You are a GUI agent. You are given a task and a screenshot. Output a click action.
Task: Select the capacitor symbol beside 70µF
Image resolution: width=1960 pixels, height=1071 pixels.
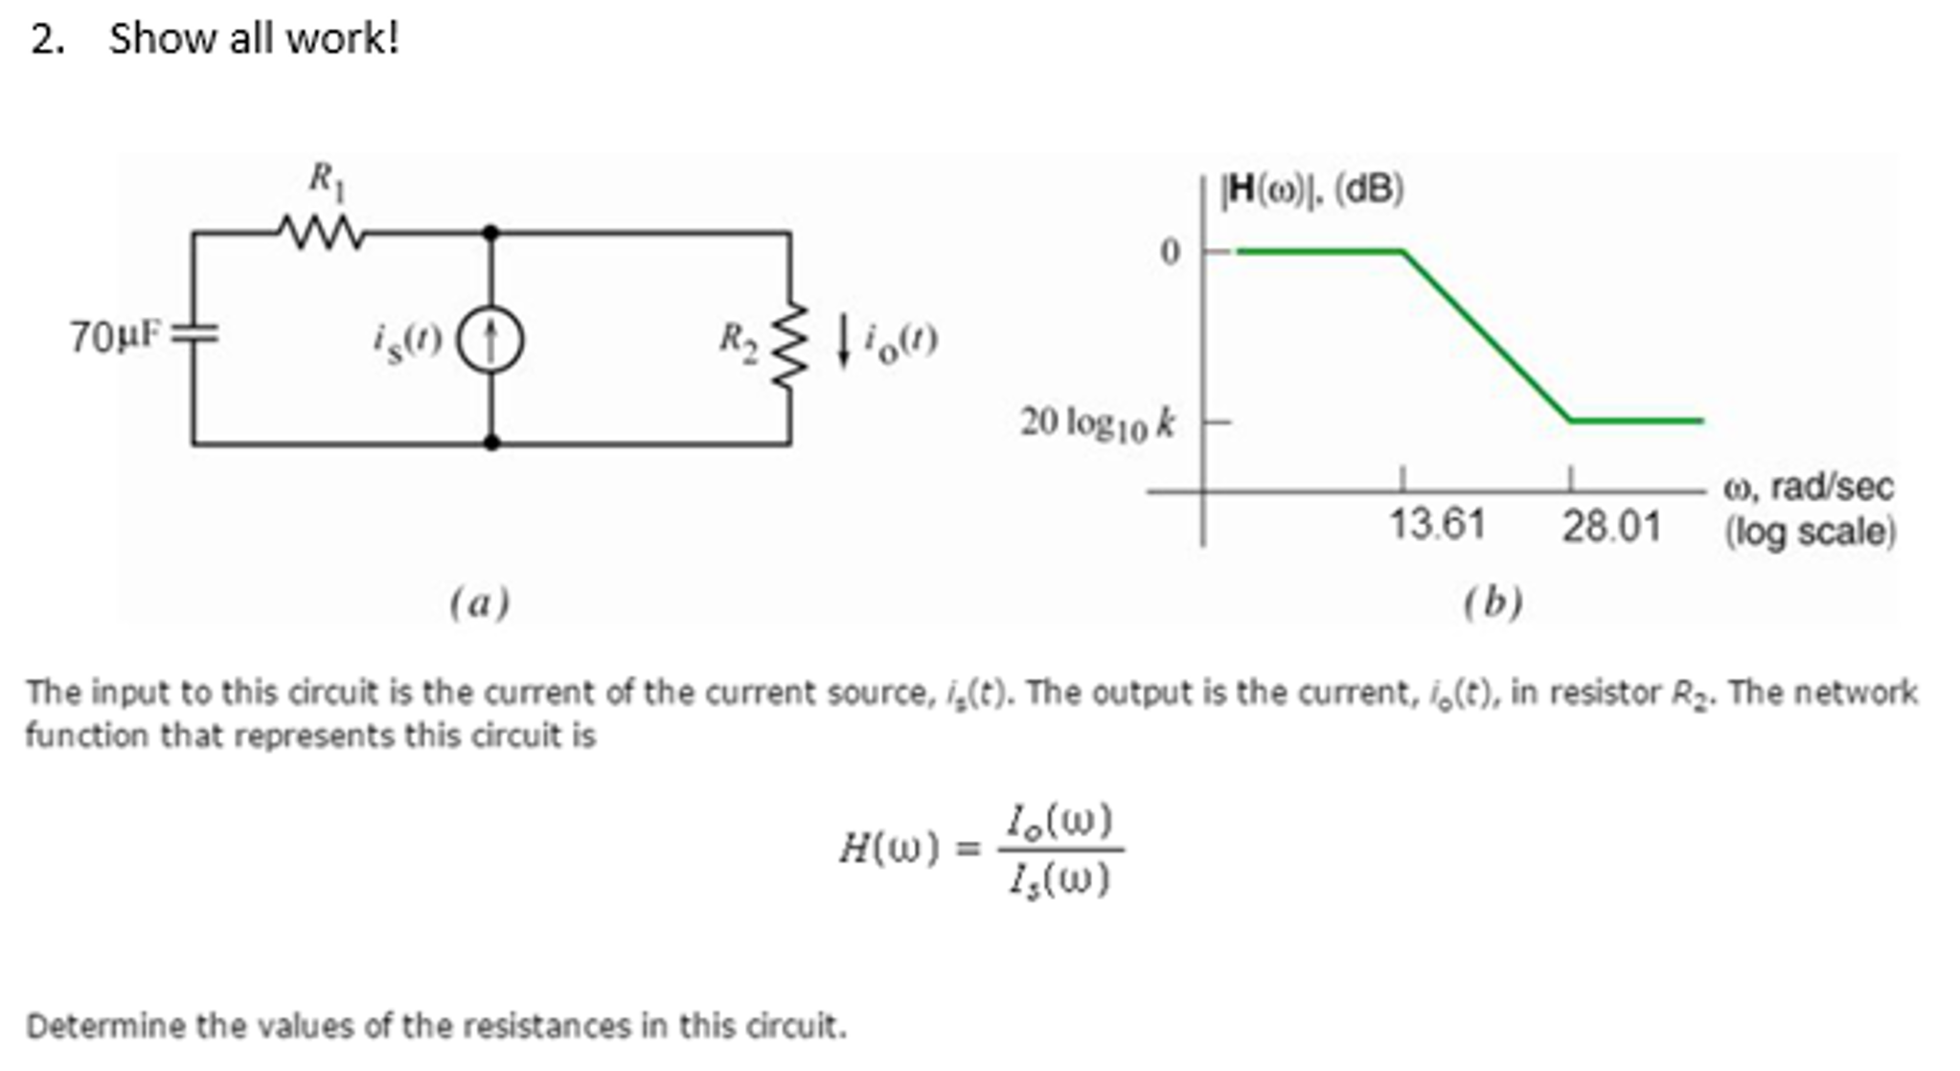194,334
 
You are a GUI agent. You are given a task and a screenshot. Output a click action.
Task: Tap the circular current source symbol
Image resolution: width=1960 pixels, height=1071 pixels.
490,342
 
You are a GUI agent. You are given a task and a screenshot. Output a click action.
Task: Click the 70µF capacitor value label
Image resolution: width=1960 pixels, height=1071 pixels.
113,337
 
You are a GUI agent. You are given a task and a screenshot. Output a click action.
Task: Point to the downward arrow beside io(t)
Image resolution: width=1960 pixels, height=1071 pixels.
844,341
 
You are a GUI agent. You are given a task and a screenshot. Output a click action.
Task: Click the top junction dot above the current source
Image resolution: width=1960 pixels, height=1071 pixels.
490,232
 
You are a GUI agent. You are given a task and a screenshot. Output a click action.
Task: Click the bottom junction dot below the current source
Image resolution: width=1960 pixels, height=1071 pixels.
490,443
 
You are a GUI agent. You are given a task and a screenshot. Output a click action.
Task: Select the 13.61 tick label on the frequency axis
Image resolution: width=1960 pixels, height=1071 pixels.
1437,525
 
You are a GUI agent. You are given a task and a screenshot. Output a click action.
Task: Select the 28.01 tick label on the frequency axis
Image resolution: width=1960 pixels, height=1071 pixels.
1610,527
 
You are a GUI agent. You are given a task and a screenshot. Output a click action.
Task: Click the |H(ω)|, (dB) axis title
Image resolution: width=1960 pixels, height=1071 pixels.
1311,190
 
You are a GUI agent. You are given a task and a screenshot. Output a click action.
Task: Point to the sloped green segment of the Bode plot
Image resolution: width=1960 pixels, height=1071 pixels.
1486,335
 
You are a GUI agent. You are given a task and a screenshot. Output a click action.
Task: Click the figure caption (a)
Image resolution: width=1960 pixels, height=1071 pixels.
479,603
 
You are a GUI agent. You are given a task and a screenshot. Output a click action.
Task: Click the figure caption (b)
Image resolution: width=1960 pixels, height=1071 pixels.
1493,603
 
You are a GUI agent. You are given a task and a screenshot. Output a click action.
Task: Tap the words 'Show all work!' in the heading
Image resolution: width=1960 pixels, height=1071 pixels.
253,39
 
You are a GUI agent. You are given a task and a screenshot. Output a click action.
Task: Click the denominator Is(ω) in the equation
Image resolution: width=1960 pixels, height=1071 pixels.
1059,878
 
